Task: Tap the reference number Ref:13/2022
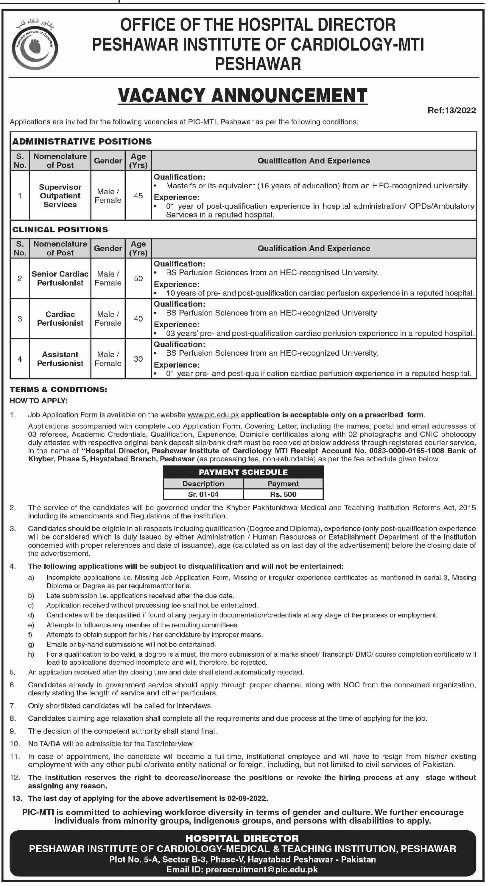tap(451, 110)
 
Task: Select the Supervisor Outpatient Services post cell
tap(60, 196)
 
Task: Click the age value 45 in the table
tap(138, 196)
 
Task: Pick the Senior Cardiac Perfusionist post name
tap(60, 278)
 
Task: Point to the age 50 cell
tap(138, 278)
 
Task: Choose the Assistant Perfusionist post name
tap(60, 359)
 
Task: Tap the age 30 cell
tap(138, 359)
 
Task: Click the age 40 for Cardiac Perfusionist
tap(138, 319)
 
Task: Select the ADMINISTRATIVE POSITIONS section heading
tap(82, 141)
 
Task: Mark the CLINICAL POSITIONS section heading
tap(60, 229)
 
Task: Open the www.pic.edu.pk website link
tap(213, 415)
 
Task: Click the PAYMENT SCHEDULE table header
tap(243, 472)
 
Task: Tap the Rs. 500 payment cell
tap(283, 494)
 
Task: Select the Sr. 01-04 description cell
tap(203, 494)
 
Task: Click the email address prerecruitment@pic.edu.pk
tap(261, 869)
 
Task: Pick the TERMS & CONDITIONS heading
tap(58, 389)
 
